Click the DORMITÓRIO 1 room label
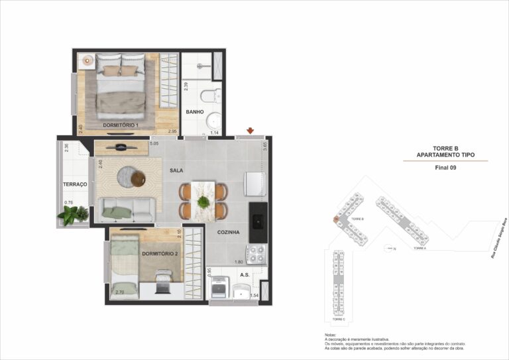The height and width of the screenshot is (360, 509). point(120,125)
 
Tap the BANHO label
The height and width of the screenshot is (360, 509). point(194,112)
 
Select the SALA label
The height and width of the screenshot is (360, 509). point(176,170)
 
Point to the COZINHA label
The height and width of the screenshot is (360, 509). point(228,232)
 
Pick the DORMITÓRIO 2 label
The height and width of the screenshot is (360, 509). point(159,253)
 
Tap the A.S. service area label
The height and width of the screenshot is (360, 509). point(245,274)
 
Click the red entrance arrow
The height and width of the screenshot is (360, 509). point(250,131)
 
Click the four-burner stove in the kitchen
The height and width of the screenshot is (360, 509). point(256,253)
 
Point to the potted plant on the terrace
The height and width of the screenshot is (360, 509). point(73,214)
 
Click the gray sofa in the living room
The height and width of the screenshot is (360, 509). point(126,211)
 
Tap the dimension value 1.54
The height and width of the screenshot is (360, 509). point(254,294)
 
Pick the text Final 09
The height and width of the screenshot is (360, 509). point(445,168)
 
